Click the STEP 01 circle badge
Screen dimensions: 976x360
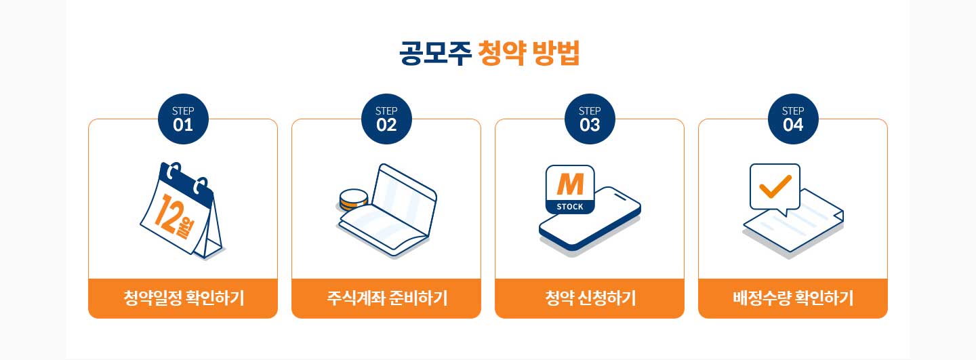pos(183,119)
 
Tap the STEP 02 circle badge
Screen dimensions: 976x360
pos(386,119)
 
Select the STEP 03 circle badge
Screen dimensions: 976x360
pos(590,119)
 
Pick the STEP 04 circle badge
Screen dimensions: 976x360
pos(793,119)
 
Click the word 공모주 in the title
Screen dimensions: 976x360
pos(435,53)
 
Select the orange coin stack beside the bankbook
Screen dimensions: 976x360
pos(353,200)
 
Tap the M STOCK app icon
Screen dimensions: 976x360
pos(570,190)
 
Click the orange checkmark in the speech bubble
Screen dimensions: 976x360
pos(775,186)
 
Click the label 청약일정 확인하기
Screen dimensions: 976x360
pos(184,298)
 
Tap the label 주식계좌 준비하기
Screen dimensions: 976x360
pos(387,298)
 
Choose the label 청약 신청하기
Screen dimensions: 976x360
pos(590,298)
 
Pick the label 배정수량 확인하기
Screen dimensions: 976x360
pos(793,298)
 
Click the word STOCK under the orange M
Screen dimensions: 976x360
pos(570,207)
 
